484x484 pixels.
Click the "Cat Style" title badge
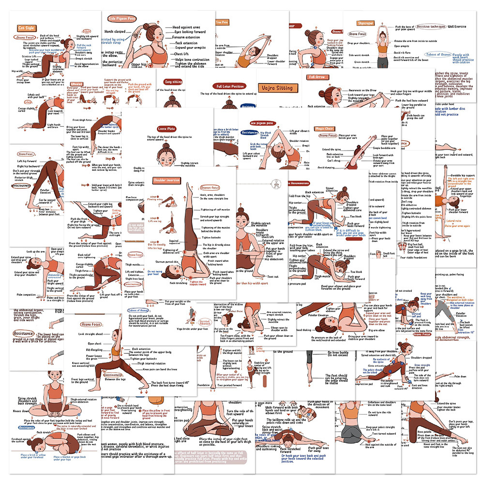[x=26, y=29]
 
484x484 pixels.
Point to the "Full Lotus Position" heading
[x=230, y=86]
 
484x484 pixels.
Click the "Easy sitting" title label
[x=174, y=82]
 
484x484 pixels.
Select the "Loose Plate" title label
[x=167, y=129]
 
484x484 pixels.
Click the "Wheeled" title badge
[x=77, y=83]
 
